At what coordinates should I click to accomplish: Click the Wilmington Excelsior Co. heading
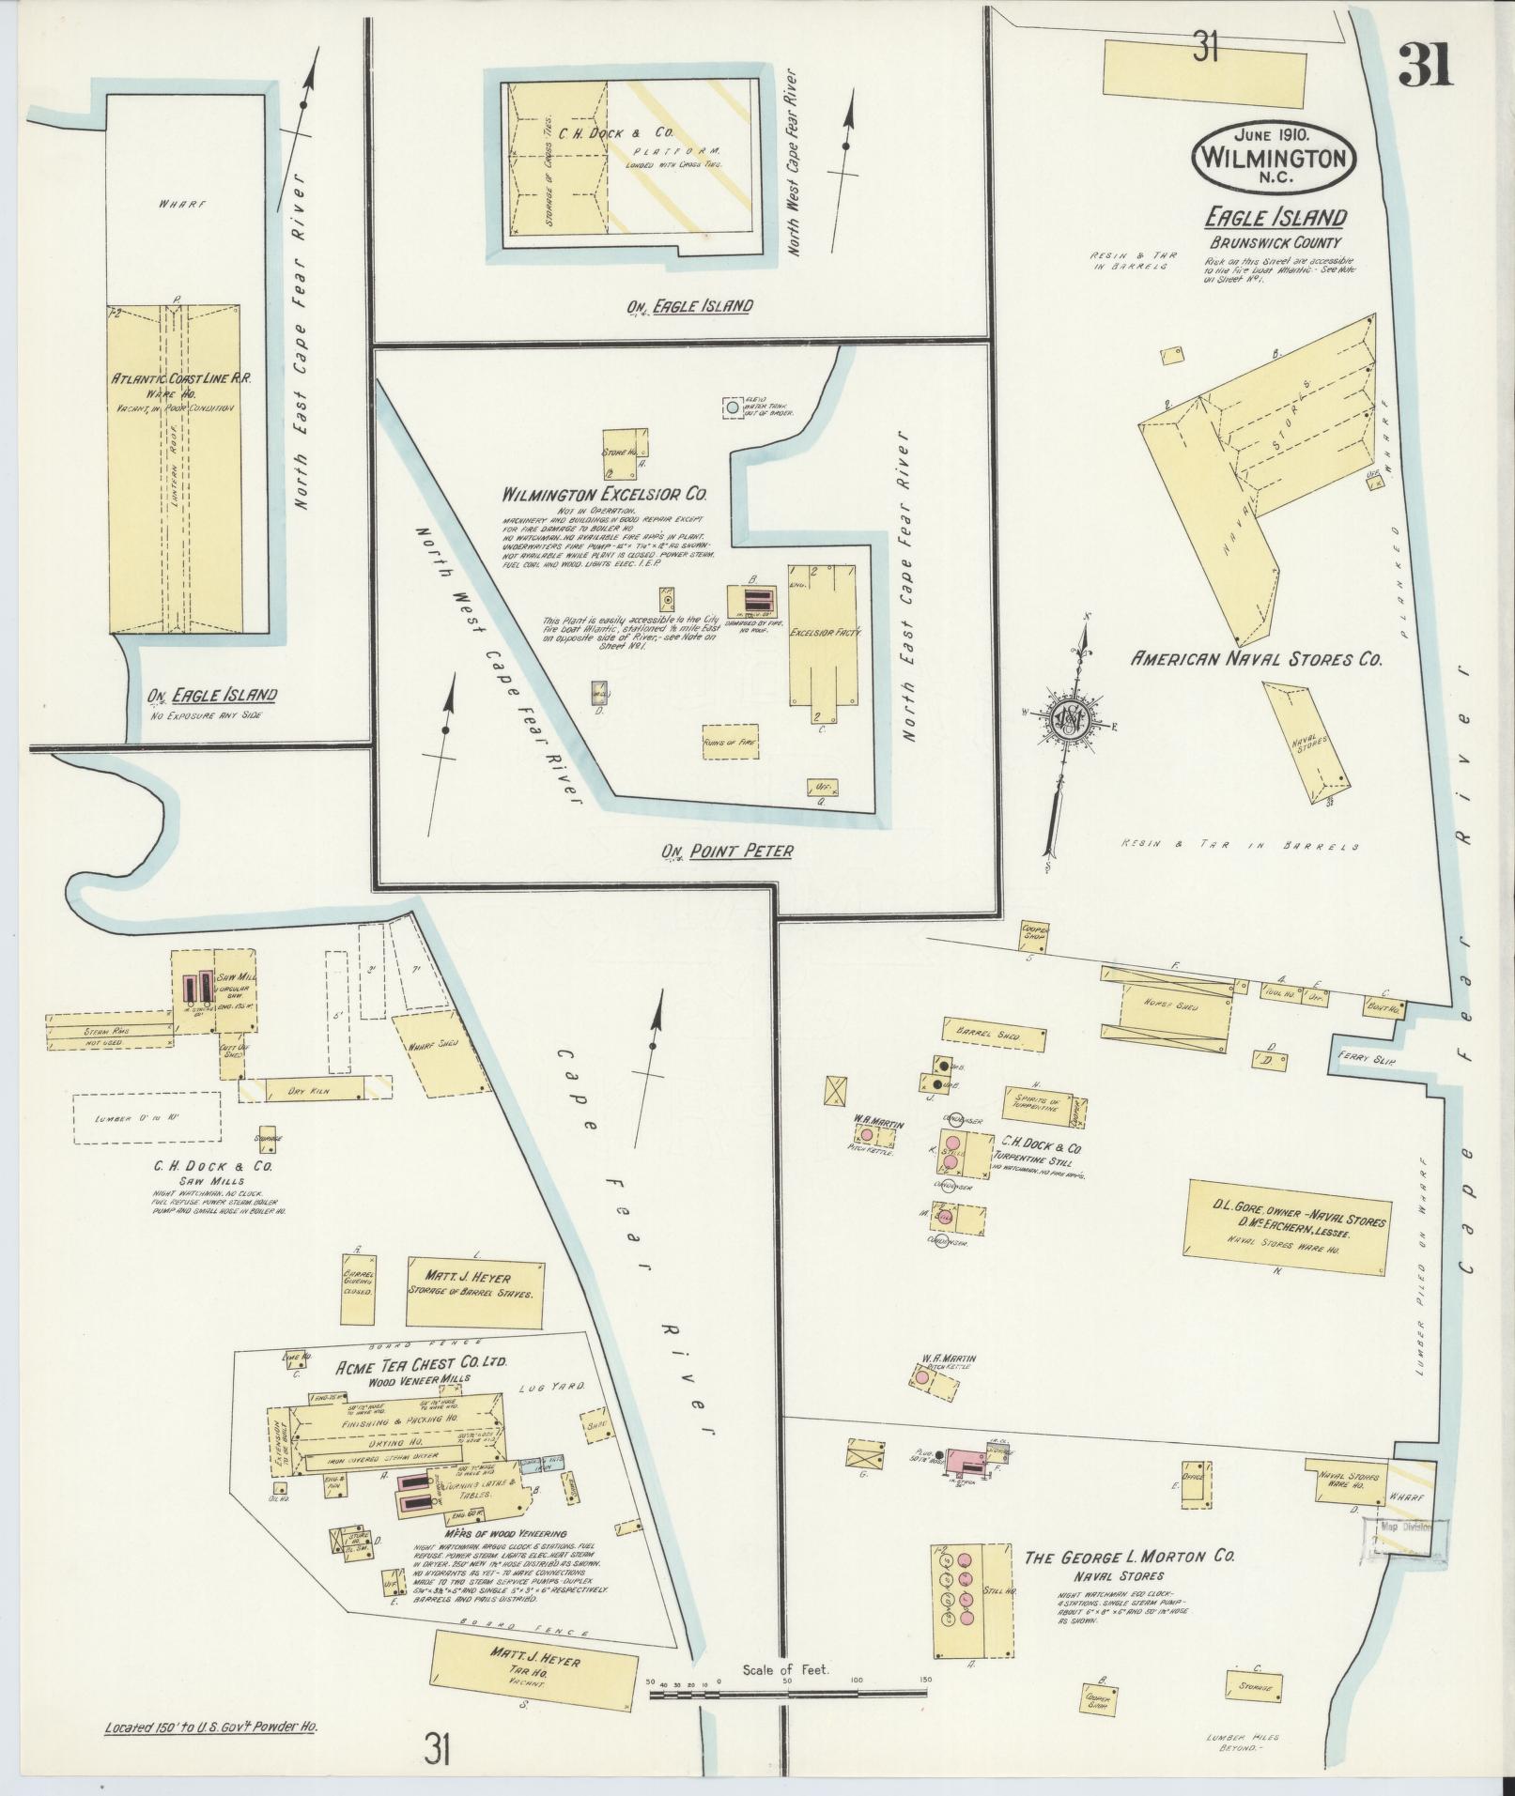[604, 494]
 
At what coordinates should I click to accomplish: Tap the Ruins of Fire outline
[729, 741]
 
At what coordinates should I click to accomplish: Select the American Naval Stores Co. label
[1256, 659]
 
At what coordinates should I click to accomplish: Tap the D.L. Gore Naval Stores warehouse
[1287, 1220]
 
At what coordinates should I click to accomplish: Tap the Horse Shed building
[1174, 1006]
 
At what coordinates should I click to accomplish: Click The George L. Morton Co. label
[1127, 1557]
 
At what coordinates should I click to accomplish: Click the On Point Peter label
[728, 851]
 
